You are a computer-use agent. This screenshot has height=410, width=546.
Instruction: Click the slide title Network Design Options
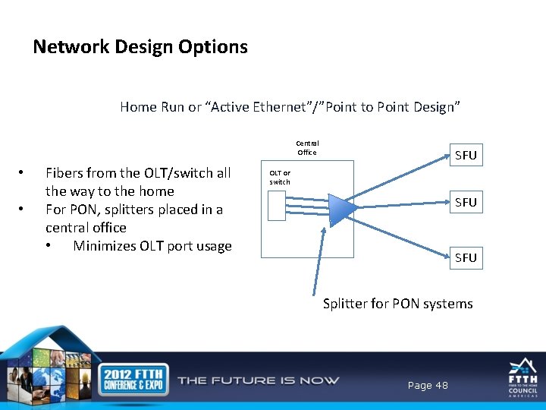pyautogui.click(x=140, y=47)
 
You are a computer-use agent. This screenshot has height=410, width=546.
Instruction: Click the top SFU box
pyautogui.click(x=466, y=155)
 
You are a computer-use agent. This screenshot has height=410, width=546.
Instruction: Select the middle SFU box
pyautogui.click(x=466, y=202)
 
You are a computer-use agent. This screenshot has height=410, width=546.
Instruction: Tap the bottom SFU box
pyautogui.click(x=466, y=257)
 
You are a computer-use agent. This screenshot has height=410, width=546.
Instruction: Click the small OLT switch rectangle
pyautogui.click(x=277, y=205)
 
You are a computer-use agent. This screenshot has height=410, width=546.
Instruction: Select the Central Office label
pyautogui.click(x=307, y=147)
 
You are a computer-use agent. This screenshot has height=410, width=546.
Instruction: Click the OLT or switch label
pyautogui.click(x=280, y=177)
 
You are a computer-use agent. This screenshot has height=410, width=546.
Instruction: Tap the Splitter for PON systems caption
pyautogui.click(x=397, y=304)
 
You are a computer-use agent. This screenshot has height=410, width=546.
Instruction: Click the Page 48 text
pyautogui.click(x=428, y=386)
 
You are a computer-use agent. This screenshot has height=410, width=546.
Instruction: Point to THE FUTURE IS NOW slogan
pyautogui.click(x=258, y=380)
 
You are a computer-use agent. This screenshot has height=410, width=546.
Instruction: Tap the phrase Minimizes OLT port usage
pyautogui.click(x=152, y=245)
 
